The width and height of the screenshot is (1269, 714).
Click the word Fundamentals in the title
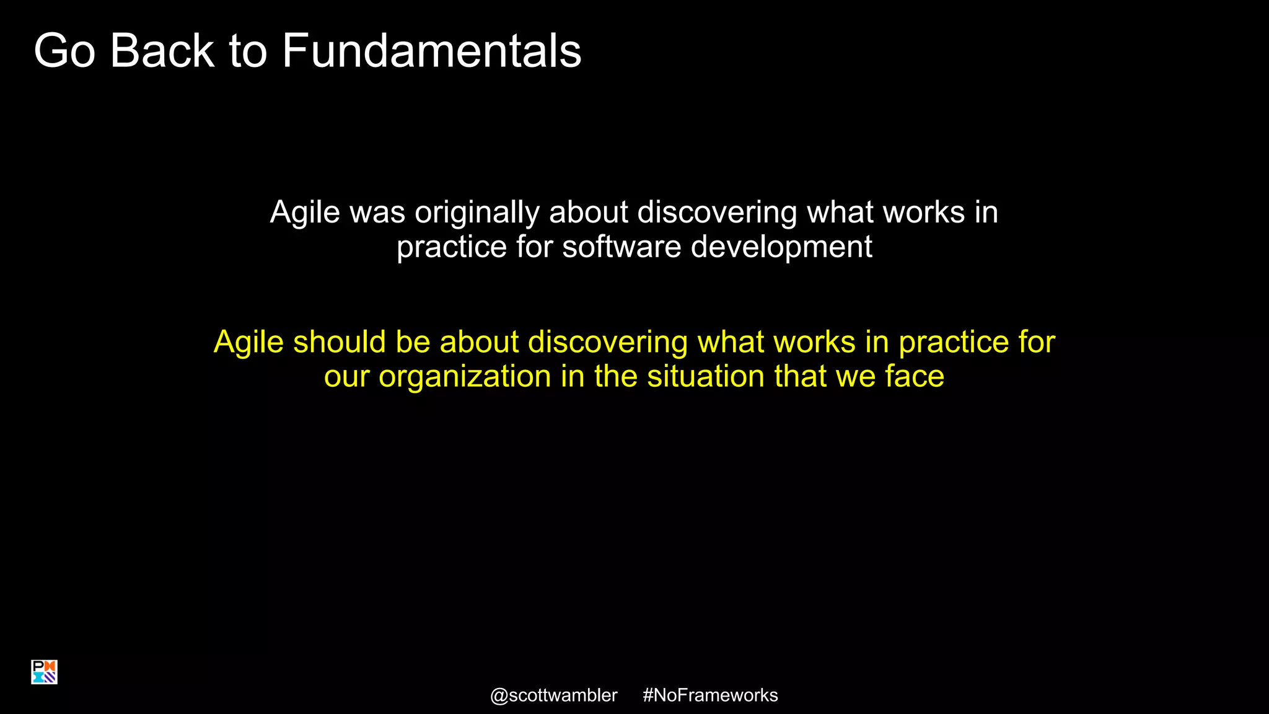tap(431, 51)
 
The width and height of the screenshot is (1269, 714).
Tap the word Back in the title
tap(162, 51)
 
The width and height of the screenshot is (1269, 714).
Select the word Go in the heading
tap(64, 51)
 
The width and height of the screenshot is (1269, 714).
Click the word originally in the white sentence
tap(477, 213)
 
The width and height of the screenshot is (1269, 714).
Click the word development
tap(781, 247)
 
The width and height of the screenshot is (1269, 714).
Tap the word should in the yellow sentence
tap(340, 342)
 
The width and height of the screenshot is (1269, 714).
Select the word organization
tap(465, 377)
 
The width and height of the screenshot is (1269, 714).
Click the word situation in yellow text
tap(706, 376)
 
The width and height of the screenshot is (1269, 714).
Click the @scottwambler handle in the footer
tap(553, 695)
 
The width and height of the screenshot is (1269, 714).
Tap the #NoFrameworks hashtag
tap(710, 695)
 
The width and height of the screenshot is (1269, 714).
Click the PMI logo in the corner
tap(44, 672)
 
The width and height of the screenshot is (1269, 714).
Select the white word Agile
tap(305, 213)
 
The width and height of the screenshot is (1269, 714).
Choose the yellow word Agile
tap(248, 342)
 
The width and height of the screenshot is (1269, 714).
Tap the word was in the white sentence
tap(377, 213)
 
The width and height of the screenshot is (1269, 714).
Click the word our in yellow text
tap(346, 377)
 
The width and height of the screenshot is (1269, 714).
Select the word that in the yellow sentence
tap(801, 376)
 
